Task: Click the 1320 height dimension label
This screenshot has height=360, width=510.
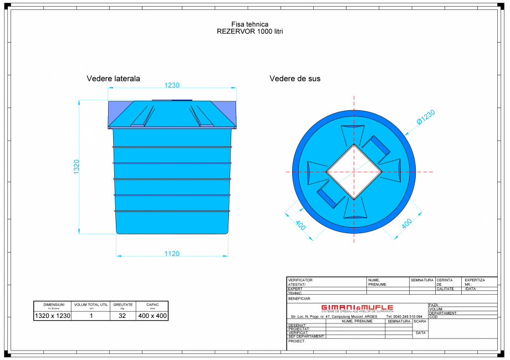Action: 77,167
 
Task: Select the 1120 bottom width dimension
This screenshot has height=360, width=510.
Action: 172,254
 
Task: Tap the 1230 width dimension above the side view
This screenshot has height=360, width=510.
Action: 172,85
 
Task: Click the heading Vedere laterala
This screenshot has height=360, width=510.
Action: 113,79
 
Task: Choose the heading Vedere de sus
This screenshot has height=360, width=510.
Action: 295,79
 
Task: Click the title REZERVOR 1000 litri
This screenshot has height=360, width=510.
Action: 250,32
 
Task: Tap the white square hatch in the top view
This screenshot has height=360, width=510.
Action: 354,172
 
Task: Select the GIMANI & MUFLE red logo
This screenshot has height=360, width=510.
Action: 357,307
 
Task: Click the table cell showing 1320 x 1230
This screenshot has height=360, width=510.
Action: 53,316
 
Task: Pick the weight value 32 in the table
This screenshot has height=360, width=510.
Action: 123,316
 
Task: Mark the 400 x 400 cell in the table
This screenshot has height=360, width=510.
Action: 152,316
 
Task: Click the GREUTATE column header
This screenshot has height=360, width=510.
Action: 123,305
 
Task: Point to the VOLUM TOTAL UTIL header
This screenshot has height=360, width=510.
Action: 91,305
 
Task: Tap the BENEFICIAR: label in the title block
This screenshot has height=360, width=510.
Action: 300,299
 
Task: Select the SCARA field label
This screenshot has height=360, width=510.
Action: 420,321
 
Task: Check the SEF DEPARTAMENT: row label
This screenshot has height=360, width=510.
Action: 305,336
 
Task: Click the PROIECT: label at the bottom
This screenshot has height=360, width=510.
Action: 297,342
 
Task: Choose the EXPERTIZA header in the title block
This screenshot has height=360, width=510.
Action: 475,280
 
